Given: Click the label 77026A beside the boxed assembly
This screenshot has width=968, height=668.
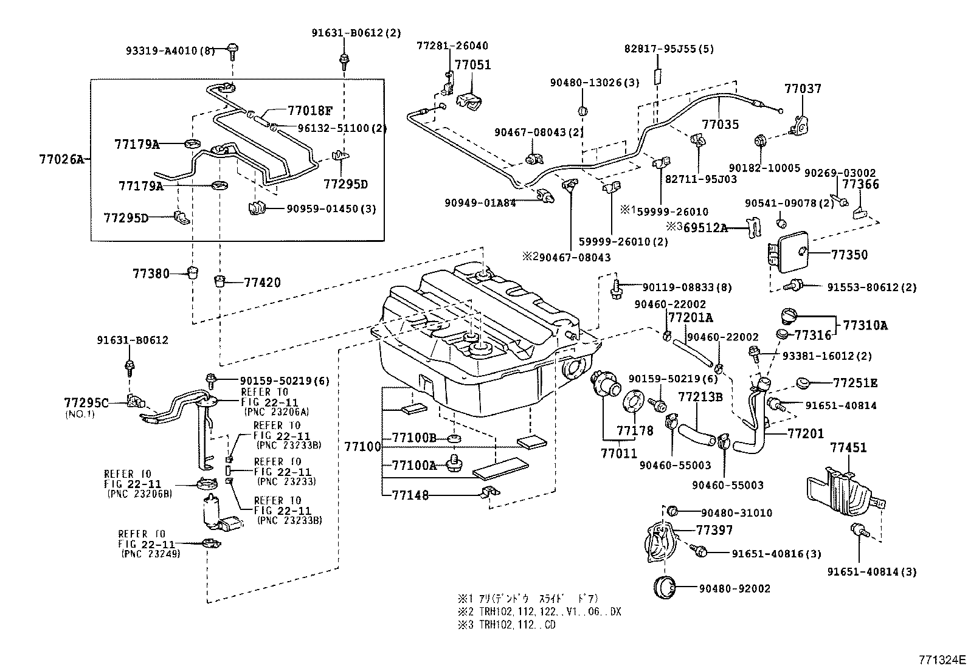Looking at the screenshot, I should pos(60,160).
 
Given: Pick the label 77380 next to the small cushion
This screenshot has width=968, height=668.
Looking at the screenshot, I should pos(151,274).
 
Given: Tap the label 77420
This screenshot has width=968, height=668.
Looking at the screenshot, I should pos(262,282).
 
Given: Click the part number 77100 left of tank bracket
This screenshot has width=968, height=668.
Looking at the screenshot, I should pos(362,447).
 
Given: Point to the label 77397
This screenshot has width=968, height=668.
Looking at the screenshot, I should pos(714,530).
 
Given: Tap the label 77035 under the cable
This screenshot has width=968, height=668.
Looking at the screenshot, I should pos(720,125).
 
